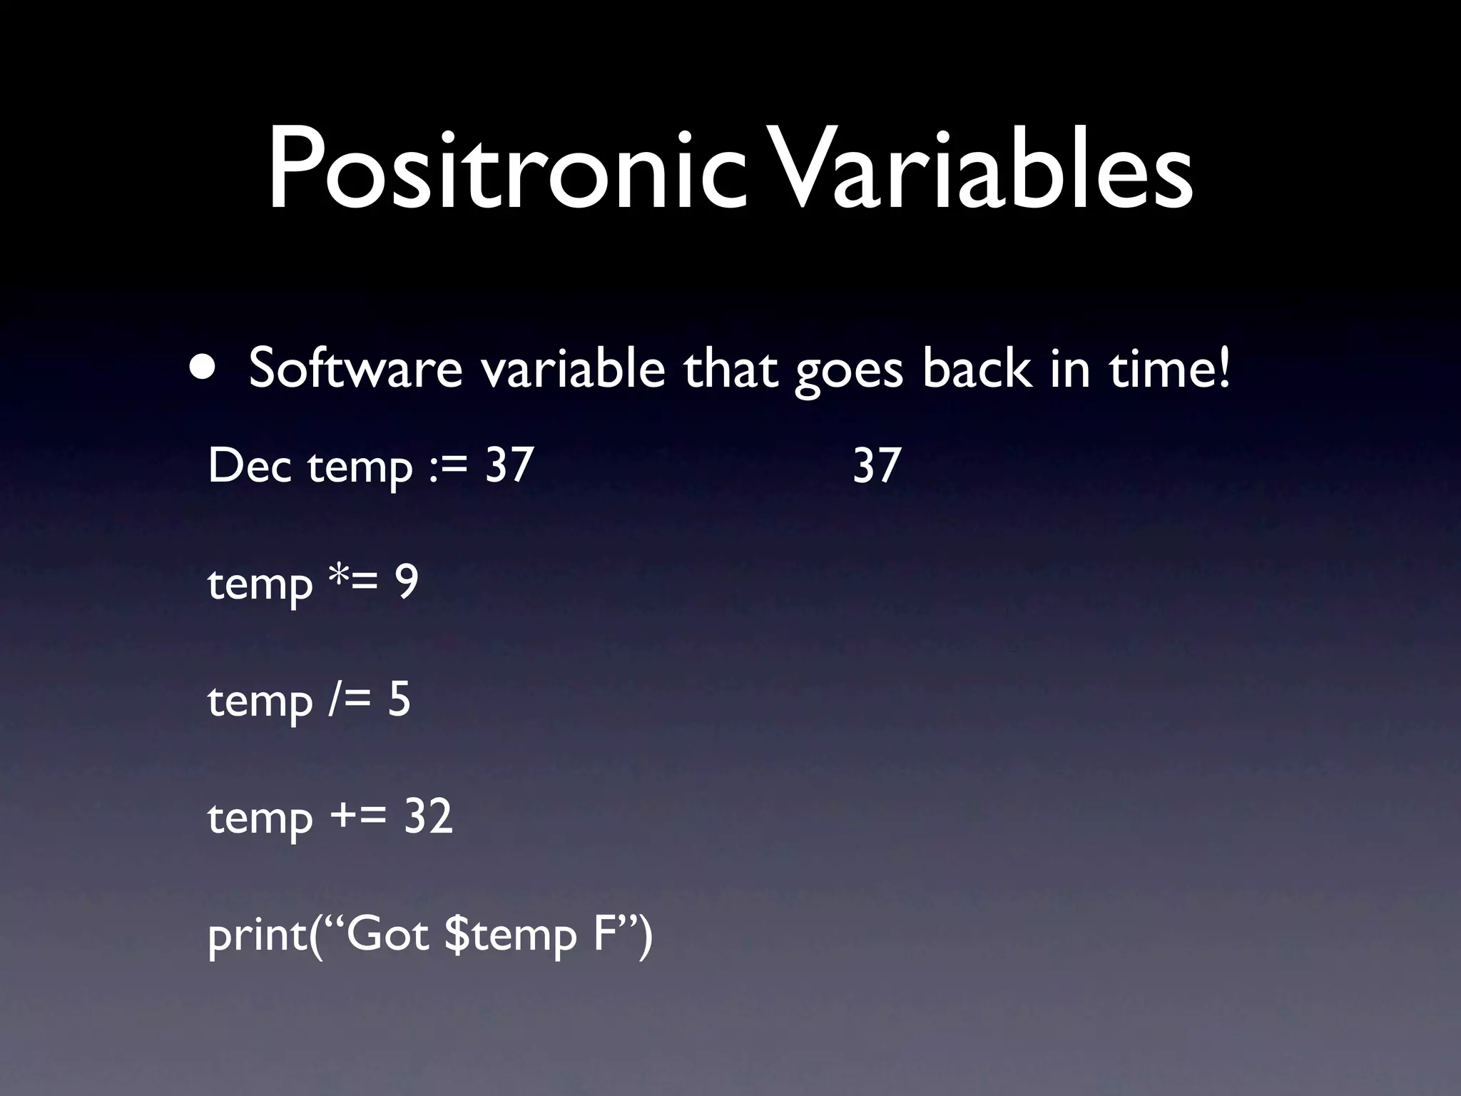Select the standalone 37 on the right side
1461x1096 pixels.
[x=877, y=466]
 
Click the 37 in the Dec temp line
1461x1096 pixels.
[x=509, y=466]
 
